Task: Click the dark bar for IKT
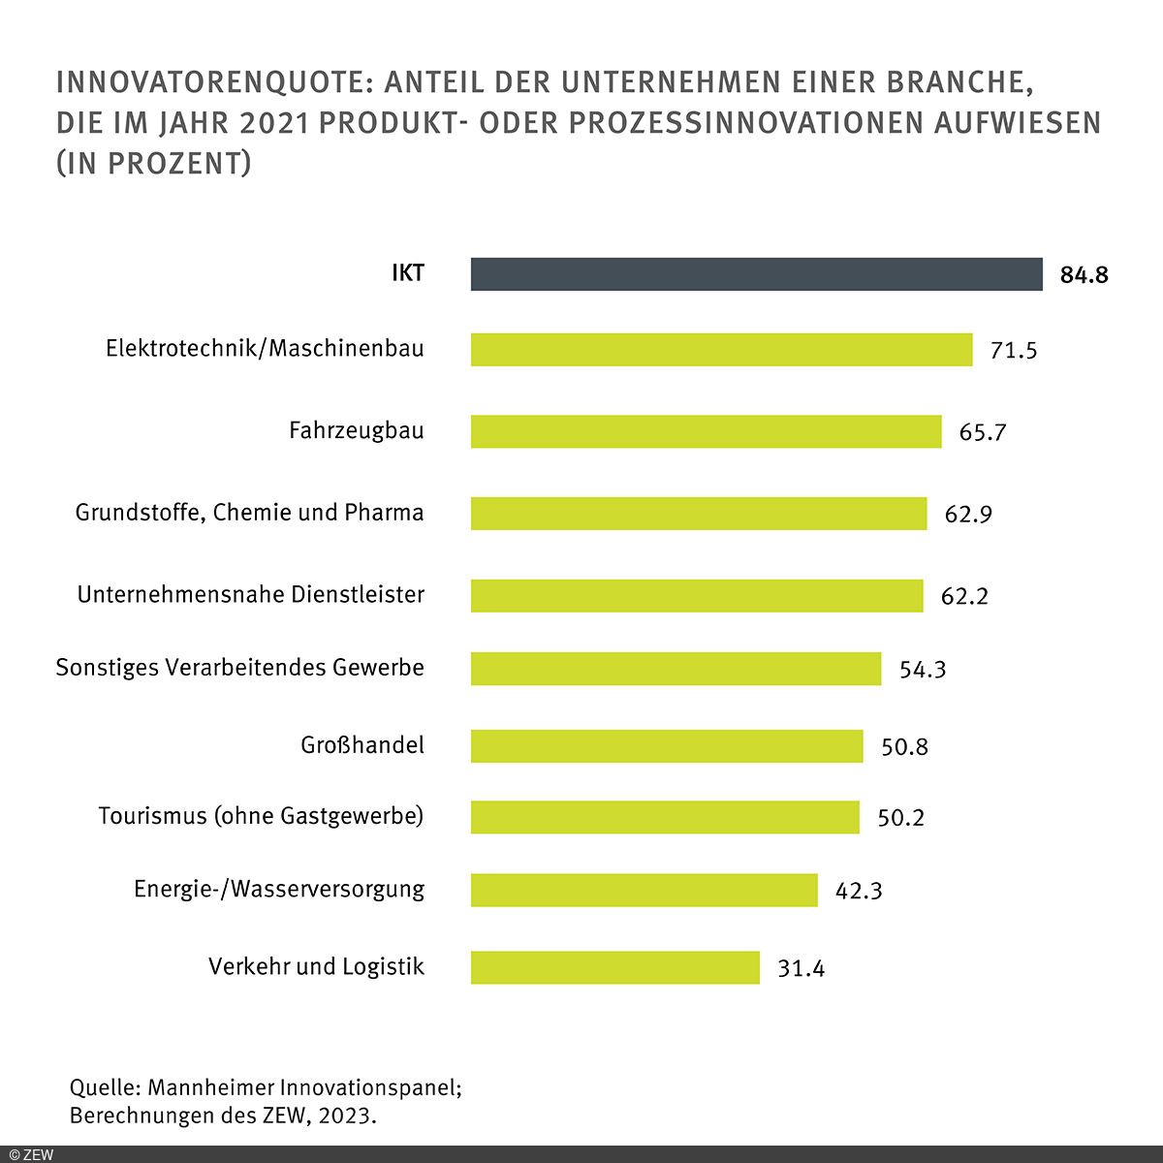[756, 274]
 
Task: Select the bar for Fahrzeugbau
[706, 431]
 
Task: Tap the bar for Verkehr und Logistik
[614, 967]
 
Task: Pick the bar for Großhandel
[667, 746]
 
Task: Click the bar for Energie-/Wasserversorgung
[644, 890]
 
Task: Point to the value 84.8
[1084, 275]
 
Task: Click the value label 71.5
[1013, 350]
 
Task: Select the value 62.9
[968, 514]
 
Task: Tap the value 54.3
[922, 670]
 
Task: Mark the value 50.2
[900, 818]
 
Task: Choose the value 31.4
[801, 968]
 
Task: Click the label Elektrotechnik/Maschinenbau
[265, 348]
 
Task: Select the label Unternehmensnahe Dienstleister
[251, 594]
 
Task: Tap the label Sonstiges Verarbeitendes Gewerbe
[239, 668]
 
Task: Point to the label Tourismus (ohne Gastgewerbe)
[261, 816]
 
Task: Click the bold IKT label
[408, 273]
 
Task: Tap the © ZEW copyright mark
[31, 1154]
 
